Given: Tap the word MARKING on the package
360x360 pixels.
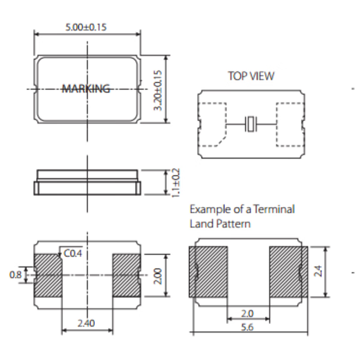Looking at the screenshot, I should point(86,89).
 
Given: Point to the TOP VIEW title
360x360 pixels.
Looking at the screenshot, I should point(251,76).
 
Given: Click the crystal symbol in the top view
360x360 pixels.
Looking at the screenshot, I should point(251,125).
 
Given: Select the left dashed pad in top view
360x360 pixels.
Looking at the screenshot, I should point(213,125).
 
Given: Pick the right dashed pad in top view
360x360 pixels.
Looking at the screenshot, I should point(290,125).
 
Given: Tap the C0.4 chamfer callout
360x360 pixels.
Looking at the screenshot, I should point(73,254).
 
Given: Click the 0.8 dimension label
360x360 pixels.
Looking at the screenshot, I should point(15,275).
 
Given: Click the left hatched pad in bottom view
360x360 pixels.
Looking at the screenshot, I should point(48,275).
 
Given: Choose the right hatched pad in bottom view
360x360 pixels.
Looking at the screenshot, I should point(126,275).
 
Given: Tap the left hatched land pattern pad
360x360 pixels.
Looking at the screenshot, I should point(209,271).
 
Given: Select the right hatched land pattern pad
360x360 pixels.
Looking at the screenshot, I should point(288,271).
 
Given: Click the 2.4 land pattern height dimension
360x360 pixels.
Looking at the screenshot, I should point(319,271).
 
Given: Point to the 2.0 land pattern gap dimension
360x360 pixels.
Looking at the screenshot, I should point(247,313).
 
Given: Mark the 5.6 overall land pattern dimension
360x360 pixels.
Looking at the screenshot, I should point(247,327).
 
